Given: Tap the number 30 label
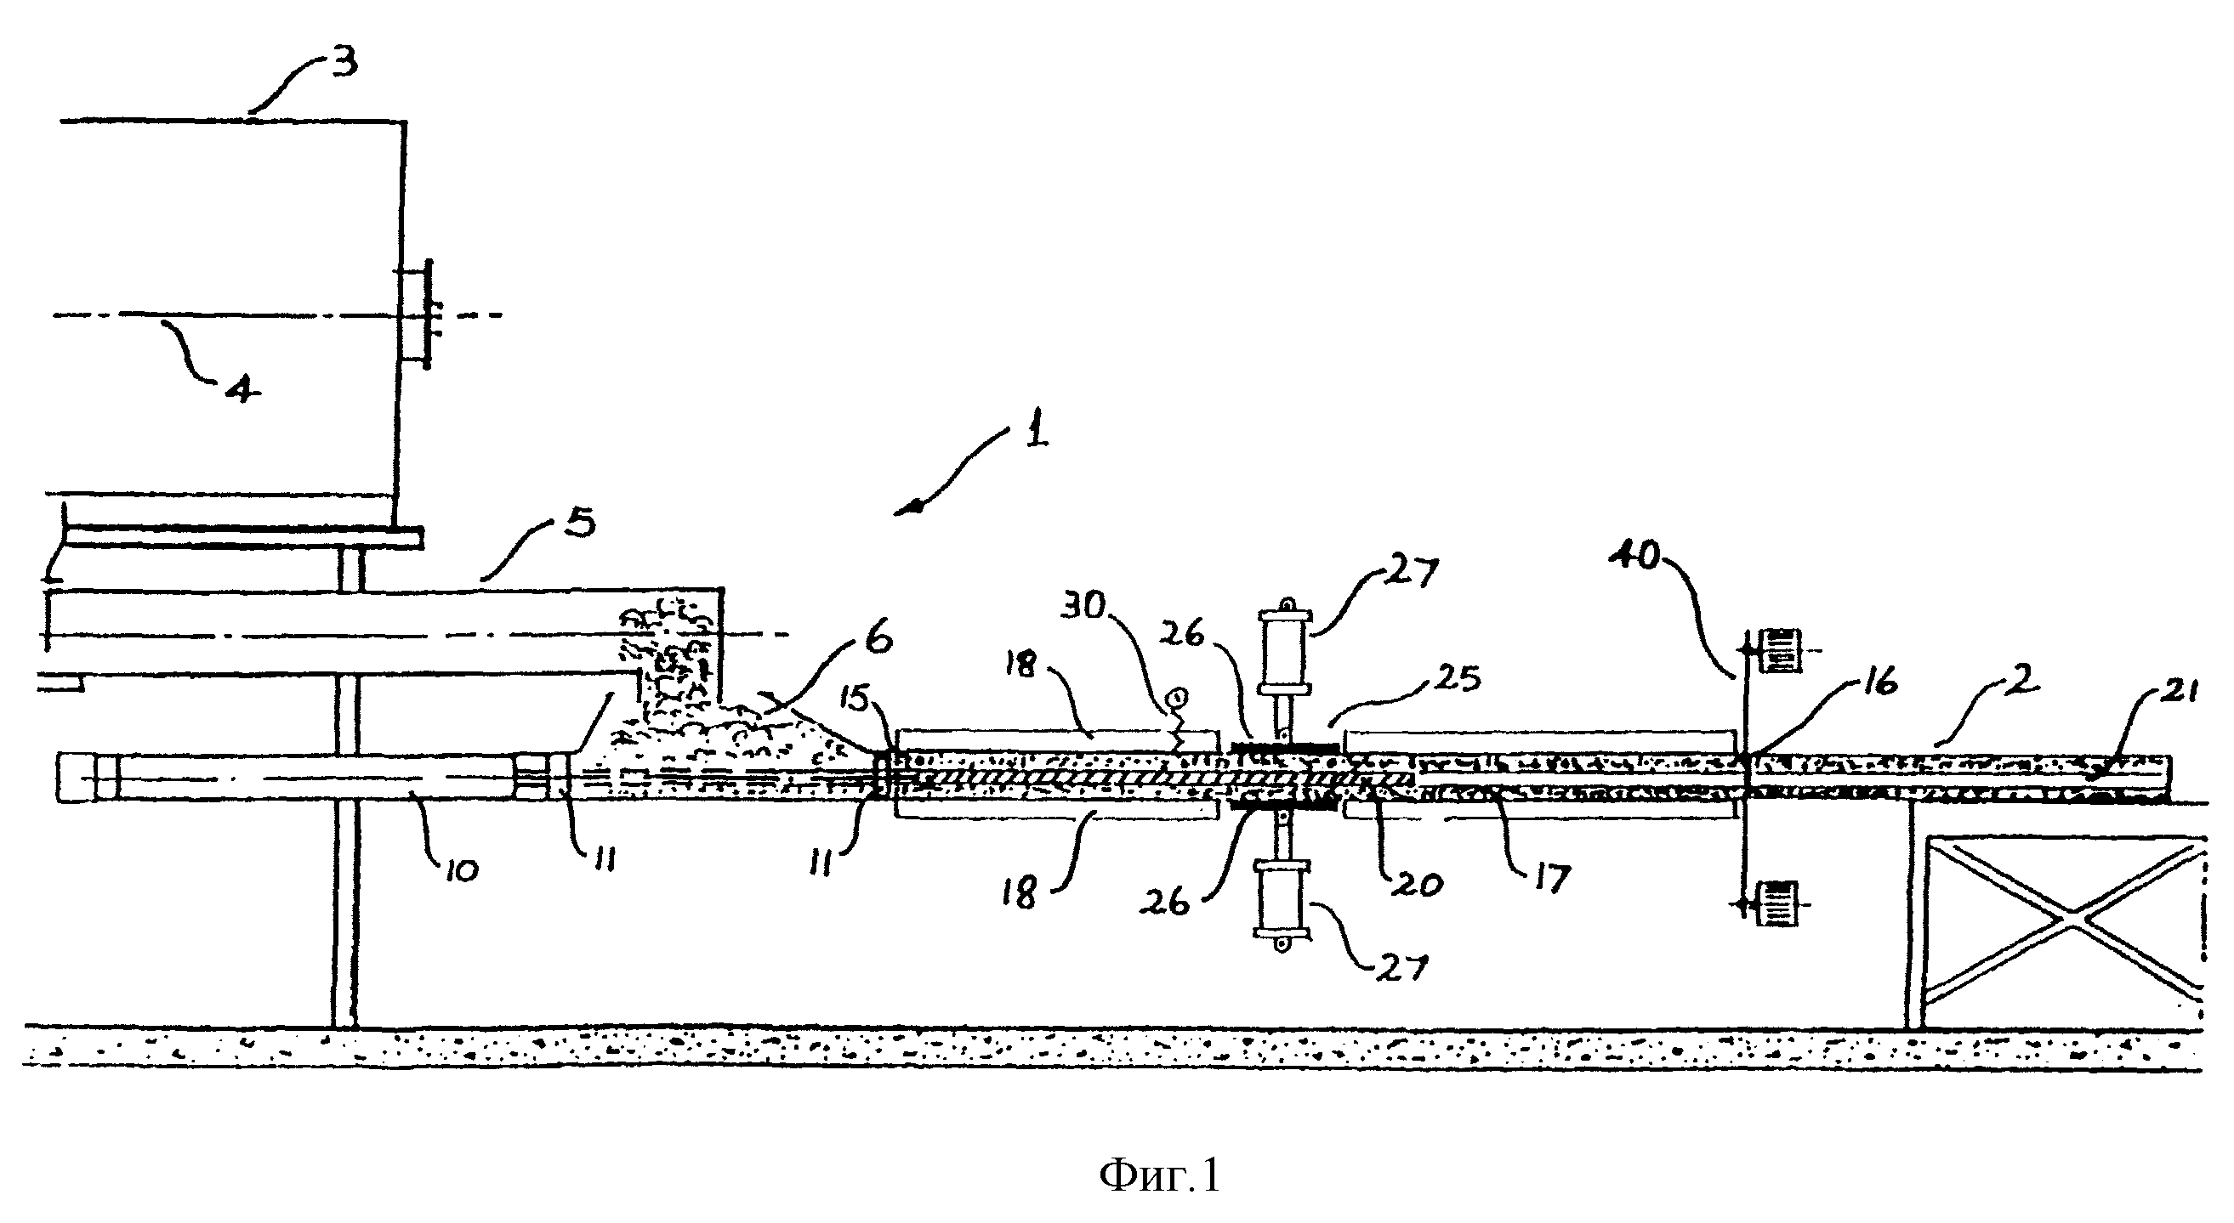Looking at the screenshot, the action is (x=1084, y=607).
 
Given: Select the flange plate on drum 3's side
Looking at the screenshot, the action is (x=427, y=314).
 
